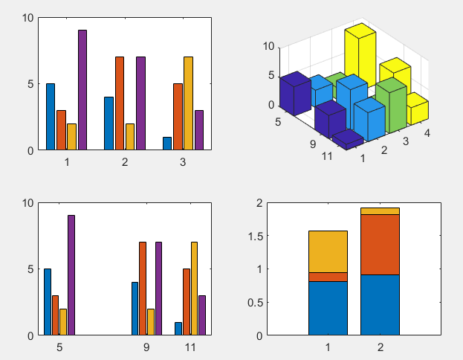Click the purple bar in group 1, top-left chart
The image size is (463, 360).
pyautogui.click(x=82, y=90)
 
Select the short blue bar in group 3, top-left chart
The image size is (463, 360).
pyautogui.click(x=167, y=144)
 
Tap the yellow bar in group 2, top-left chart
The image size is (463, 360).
pyautogui.click(x=129, y=137)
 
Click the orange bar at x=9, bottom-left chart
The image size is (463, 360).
pyautogui.click(x=142, y=289)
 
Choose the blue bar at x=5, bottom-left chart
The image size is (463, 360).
pyautogui.click(x=48, y=302)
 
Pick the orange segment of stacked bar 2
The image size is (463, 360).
pyautogui.click(x=380, y=245)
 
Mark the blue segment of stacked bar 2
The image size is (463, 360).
pyautogui.click(x=380, y=305)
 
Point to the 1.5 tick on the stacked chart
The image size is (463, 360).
pyautogui.click(x=254, y=236)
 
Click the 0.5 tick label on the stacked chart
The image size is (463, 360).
pyautogui.click(x=254, y=302)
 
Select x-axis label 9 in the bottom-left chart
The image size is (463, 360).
pyautogui.click(x=146, y=347)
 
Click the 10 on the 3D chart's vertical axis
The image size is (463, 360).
pyautogui.click(x=269, y=46)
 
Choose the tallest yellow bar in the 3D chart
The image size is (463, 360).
pyautogui.click(x=358, y=56)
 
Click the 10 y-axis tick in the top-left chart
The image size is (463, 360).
pyautogui.click(x=28, y=17)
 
